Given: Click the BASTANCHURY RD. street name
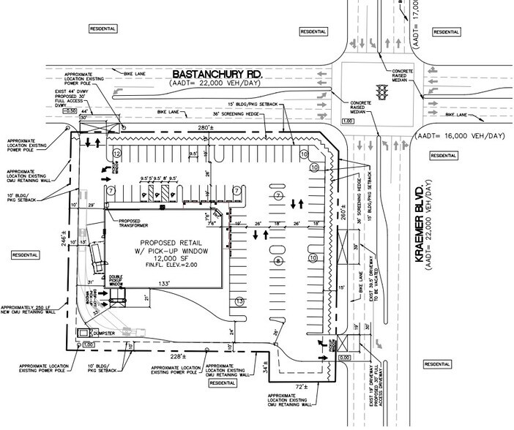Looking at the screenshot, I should click(x=218, y=75).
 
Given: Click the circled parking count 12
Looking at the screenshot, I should click(x=116, y=153).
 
